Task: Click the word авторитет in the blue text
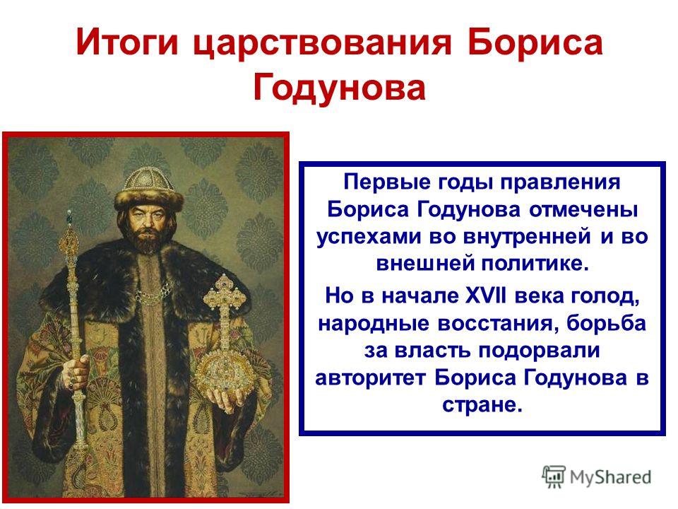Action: [371, 378]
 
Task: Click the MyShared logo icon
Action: [554, 477]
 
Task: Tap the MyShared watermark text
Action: [610, 477]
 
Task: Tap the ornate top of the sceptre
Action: [70, 234]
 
